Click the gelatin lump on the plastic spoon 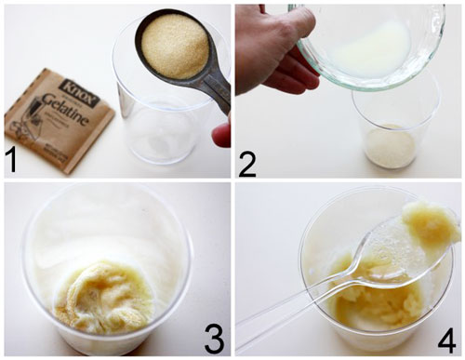point(430,223)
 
